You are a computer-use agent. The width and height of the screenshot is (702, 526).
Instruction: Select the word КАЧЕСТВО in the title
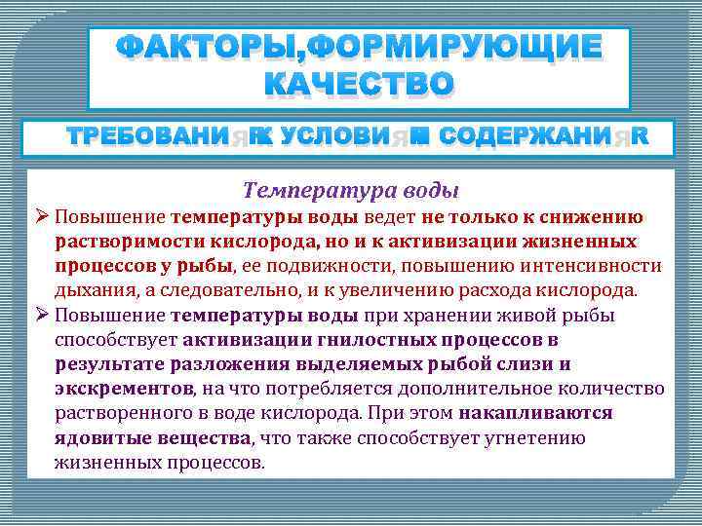pos(359,86)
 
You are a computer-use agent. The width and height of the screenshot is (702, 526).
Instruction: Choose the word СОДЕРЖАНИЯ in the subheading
pos(542,137)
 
